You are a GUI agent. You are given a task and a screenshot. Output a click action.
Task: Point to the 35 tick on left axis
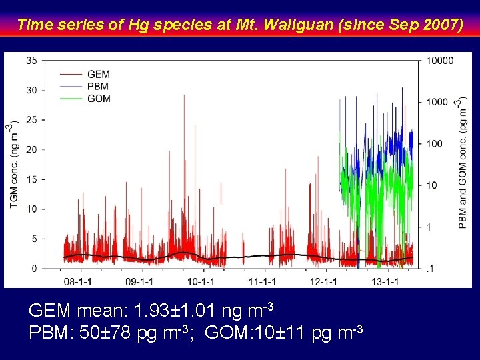tap(31, 61)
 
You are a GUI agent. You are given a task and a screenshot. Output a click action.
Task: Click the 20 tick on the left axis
tap(31, 149)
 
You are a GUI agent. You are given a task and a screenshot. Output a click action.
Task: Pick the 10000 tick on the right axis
tap(440, 61)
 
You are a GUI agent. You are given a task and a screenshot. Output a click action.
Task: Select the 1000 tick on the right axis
tap(437, 102)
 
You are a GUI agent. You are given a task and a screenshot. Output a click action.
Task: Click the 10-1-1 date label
tap(201, 281)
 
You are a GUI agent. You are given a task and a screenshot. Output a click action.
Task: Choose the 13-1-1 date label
tap(385, 281)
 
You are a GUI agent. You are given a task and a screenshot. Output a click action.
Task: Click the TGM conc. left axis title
tap(14, 164)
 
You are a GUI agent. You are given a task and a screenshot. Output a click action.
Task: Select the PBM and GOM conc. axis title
tap(462, 164)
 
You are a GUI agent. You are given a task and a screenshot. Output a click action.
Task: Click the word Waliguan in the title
tap(297, 25)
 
